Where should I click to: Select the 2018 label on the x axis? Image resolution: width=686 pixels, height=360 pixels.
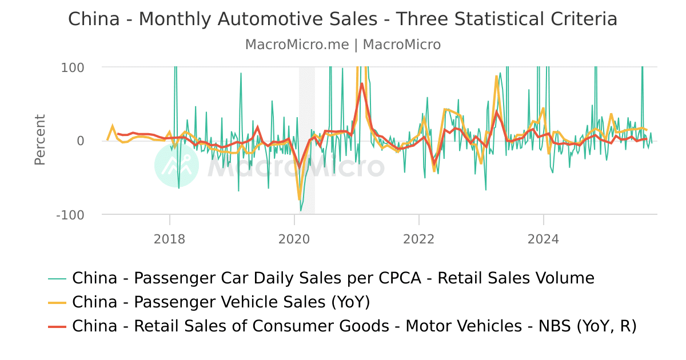coord(169,238)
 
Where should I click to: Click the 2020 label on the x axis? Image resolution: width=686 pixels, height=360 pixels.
coord(294,238)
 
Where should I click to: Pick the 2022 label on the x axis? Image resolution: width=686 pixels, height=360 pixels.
coord(418,238)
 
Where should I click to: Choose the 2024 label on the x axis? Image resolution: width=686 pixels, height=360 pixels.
coord(543,238)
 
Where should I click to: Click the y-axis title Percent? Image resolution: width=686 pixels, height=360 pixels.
coord(39,140)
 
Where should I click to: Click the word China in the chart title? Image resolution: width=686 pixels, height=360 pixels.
coord(94,19)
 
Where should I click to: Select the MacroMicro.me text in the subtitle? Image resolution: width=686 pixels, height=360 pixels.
coord(297,45)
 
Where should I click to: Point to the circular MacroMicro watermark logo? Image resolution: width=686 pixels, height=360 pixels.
coord(177,165)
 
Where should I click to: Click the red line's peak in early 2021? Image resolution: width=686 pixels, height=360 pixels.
coord(362,84)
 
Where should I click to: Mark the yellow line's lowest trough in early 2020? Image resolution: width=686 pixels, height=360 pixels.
coord(300,199)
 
